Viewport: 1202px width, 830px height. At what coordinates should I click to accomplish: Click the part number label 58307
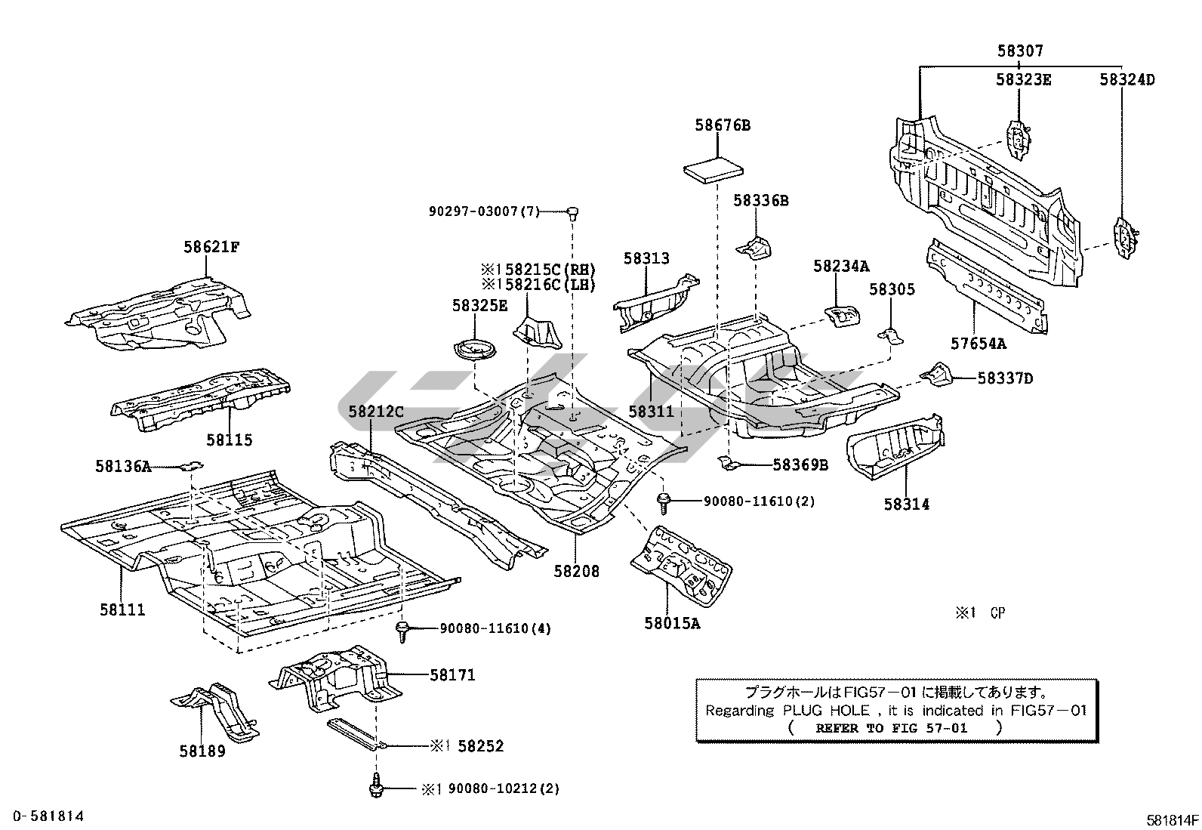[x=1020, y=51]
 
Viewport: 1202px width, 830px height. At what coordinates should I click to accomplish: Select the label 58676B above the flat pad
[x=723, y=125]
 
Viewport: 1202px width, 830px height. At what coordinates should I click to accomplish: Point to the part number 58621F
[x=211, y=247]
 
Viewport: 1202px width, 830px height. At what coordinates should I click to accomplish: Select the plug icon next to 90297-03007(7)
[x=573, y=212]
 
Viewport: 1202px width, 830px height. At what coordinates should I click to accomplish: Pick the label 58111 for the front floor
[x=122, y=609]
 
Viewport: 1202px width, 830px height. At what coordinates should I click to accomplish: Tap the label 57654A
[x=979, y=344]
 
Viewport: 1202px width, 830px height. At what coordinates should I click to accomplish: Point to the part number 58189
[x=202, y=751]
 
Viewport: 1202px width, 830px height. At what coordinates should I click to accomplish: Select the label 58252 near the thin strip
[x=480, y=746]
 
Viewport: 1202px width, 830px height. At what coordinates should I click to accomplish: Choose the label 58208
[x=576, y=572]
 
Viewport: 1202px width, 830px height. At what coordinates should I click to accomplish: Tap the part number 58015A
[x=672, y=624]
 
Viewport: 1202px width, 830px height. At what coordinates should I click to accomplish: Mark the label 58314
[x=907, y=504]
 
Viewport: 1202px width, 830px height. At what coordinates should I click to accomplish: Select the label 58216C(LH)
[x=544, y=285]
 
